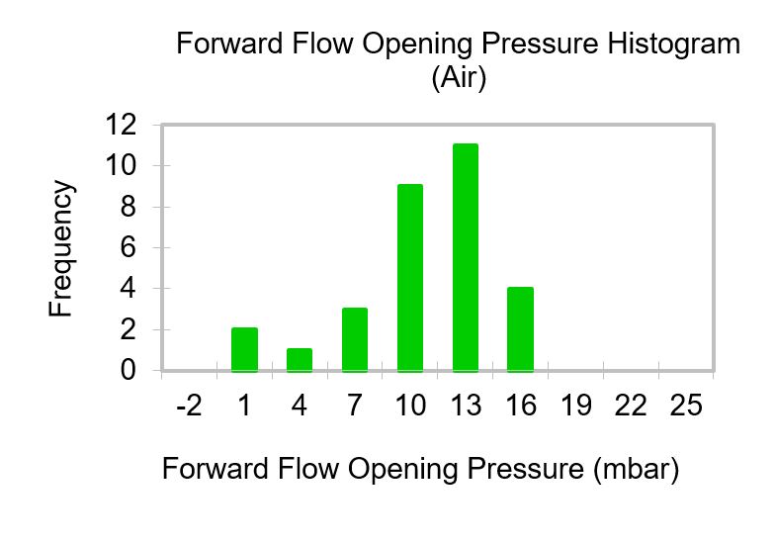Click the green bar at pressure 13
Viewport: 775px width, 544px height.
(x=466, y=257)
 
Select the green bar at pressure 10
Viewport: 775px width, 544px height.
(x=410, y=277)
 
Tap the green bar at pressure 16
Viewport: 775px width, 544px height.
(x=520, y=328)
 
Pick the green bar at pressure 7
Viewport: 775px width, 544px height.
(x=355, y=339)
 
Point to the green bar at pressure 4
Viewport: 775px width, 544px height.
(x=300, y=360)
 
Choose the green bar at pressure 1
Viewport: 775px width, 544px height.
(x=245, y=349)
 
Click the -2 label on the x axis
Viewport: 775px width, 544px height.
(x=189, y=406)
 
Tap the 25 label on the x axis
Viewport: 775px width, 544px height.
(x=686, y=406)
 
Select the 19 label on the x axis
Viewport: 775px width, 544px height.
(x=575, y=406)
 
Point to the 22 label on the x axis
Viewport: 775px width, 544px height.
(x=631, y=406)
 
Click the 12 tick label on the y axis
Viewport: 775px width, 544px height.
(x=121, y=125)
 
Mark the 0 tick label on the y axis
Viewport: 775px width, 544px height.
(x=129, y=370)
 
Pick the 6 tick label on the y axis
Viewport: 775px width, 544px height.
(x=129, y=247)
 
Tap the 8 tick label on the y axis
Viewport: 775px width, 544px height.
(x=129, y=206)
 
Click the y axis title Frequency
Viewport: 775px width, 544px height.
(x=61, y=248)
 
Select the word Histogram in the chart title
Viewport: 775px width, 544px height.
(x=674, y=44)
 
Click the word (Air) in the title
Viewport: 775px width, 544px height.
(x=459, y=77)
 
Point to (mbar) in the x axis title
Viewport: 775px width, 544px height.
(x=637, y=469)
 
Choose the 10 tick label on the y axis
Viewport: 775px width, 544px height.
(x=121, y=166)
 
